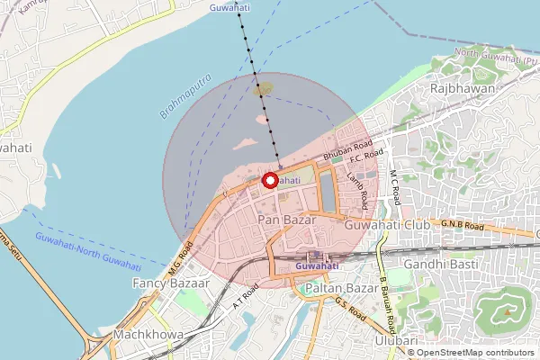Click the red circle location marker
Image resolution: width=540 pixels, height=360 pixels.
click(x=269, y=180)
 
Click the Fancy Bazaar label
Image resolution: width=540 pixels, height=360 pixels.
click(x=171, y=283)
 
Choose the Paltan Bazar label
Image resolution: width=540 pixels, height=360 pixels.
click(x=342, y=288)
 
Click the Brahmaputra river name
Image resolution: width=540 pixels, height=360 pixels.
click(x=191, y=96)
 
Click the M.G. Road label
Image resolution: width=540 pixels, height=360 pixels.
click(x=181, y=256)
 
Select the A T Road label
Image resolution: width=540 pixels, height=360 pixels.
click(x=245, y=297)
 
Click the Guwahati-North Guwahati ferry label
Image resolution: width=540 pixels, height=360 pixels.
click(x=87, y=250)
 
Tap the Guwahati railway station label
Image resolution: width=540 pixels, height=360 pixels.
click(x=317, y=266)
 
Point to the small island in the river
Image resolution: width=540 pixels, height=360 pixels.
click(x=263, y=89)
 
